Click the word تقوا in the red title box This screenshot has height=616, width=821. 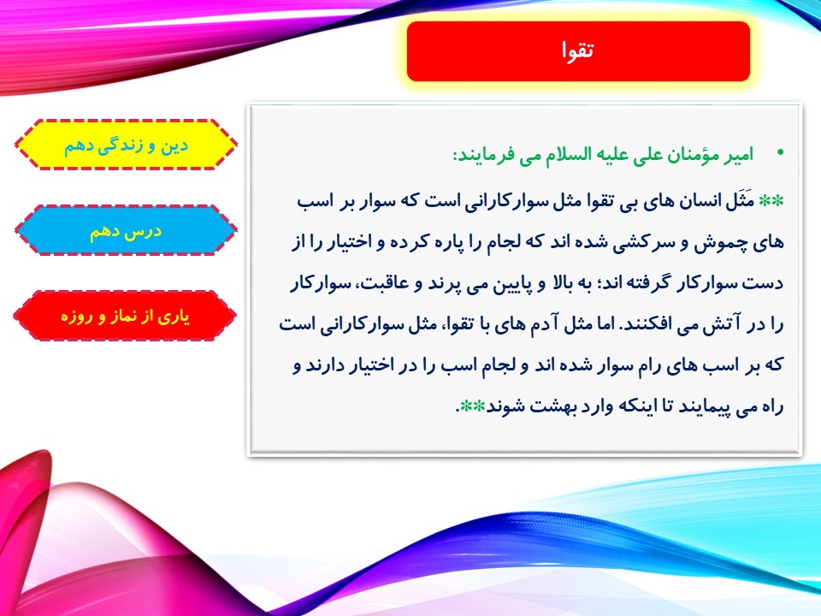click(x=578, y=50)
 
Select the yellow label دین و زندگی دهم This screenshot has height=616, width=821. click(x=126, y=145)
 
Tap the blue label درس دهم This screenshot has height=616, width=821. click(x=126, y=230)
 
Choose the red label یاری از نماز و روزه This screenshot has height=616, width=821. click(x=126, y=316)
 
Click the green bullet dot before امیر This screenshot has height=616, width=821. click(x=781, y=153)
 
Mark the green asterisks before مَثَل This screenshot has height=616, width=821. click(x=771, y=200)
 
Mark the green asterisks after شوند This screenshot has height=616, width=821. click(x=472, y=406)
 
